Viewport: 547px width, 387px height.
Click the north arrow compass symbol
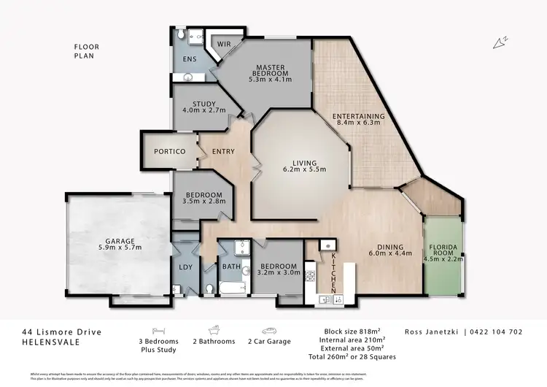tap(499, 43)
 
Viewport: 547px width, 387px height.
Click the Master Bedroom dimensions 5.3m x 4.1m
tap(269, 79)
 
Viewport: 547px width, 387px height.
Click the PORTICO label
tap(169, 151)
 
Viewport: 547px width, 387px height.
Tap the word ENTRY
tap(222, 151)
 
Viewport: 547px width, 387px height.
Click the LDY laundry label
tap(185, 267)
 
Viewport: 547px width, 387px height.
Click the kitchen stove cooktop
tap(309, 277)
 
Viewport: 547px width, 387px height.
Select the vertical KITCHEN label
tap(333, 269)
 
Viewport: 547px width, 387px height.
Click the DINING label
tap(390, 246)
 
